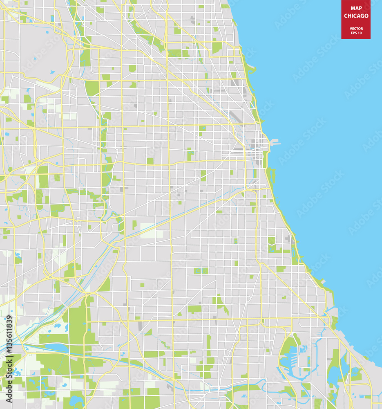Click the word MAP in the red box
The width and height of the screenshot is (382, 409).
tap(356, 8)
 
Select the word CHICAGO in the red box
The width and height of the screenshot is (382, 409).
tap(356, 16)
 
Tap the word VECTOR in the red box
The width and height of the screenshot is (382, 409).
tap(356, 28)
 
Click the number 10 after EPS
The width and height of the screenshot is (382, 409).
tap(360, 33)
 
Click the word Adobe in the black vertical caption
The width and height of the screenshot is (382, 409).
tap(9, 393)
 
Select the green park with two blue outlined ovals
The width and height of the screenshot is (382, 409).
tap(201, 271)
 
